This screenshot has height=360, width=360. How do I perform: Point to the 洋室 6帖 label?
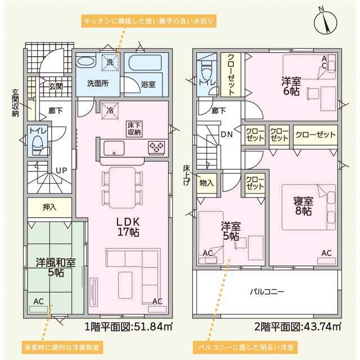(x=290, y=85)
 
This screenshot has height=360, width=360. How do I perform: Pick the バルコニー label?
(x=267, y=292)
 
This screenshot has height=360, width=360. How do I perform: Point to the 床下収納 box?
(x=134, y=128)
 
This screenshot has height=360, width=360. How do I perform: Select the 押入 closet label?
(x=49, y=208)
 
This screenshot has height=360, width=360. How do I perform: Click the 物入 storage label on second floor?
(x=206, y=183)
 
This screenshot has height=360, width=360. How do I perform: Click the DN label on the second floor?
(x=227, y=134)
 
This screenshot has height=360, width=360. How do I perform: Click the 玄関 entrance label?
(x=55, y=86)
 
